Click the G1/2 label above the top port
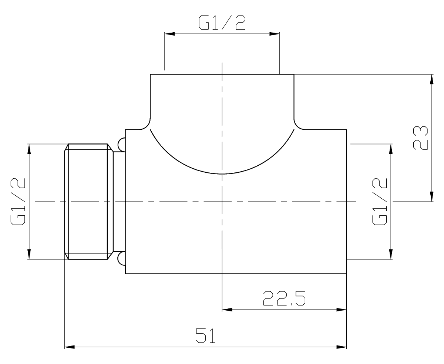222,23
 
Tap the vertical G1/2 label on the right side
380,201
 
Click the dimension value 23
420,138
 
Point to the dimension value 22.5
284,298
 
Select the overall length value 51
205,336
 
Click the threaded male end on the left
88,201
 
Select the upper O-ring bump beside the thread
122,143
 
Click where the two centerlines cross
222,202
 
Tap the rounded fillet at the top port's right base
299,124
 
